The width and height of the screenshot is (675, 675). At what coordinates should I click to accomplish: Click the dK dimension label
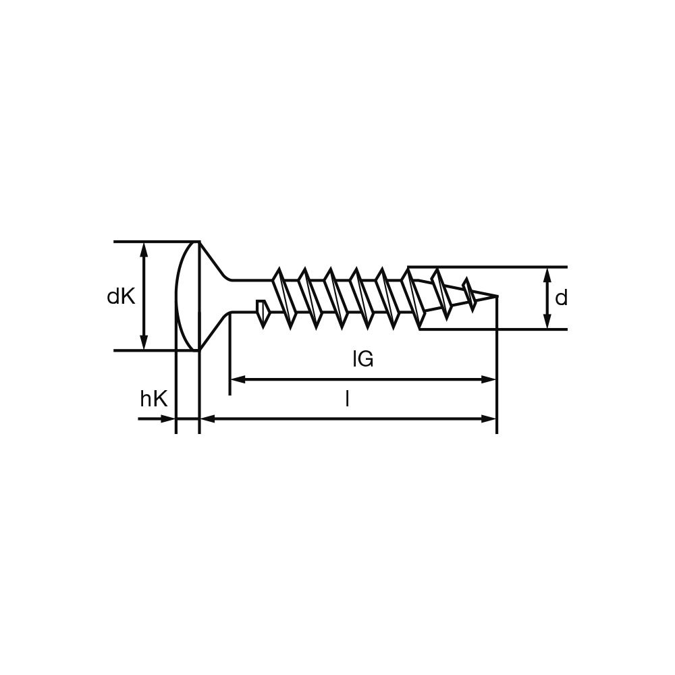[x=121, y=296]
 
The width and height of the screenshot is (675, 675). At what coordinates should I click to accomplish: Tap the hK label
[x=154, y=399]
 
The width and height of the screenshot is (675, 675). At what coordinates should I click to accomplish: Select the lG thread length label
[x=363, y=359]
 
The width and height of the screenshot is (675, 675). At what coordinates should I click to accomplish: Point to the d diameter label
[x=562, y=298]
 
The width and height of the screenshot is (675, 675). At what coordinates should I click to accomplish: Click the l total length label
[x=347, y=400]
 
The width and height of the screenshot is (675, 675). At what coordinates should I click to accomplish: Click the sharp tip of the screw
[x=497, y=296]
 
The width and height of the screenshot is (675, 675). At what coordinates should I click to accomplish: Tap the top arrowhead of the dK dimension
[x=144, y=250]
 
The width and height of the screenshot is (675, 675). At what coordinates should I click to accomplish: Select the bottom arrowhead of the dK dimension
[x=144, y=343]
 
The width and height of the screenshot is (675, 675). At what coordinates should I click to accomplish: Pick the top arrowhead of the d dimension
[x=547, y=275]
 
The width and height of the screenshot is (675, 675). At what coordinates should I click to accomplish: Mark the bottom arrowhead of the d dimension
[x=547, y=321]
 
